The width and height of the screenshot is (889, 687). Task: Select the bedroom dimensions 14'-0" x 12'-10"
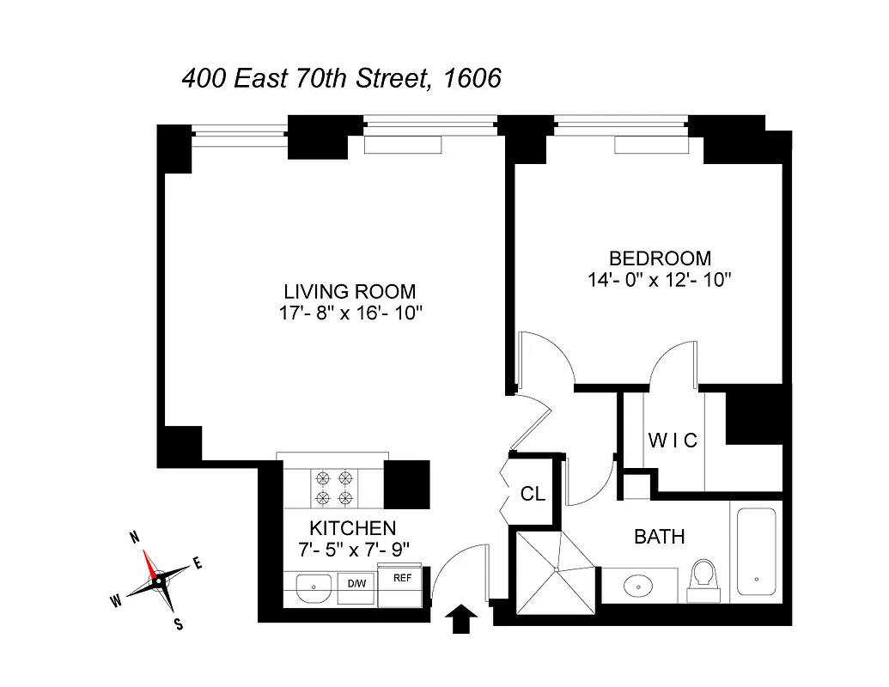coord(660,279)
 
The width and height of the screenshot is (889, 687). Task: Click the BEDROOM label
coord(660,258)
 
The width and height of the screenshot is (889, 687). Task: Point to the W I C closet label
coord(673,441)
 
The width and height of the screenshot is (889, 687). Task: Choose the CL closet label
coord(533,495)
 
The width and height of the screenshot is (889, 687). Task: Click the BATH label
coord(660,538)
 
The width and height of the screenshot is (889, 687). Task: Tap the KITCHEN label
coord(353,528)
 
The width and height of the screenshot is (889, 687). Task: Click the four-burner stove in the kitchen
coord(334,488)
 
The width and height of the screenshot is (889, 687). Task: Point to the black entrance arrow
coord(462,617)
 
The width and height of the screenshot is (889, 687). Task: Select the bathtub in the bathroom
coord(756,551)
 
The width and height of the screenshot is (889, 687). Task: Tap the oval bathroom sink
coord(640,587)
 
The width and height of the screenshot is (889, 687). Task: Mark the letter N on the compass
coord(134,538)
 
